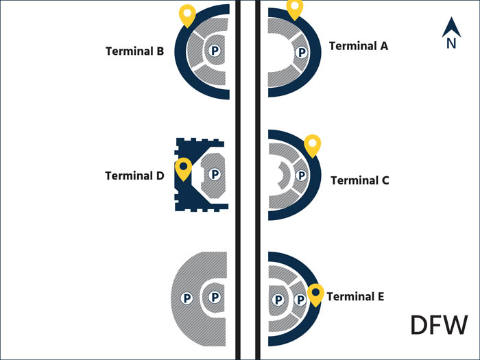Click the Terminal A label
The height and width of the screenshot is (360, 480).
(x=359, y=46)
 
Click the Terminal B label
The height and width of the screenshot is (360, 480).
(x=134, y=51)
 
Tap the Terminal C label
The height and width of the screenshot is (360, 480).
(x=360, y=180)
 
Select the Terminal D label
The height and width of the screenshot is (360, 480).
(x=134, y=176)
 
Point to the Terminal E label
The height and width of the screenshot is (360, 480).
(x=355, y=297)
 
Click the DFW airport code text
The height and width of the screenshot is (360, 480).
(x=439, y=325)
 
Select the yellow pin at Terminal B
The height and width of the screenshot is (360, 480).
(x=187, y=14)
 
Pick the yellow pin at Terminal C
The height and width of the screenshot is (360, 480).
(x=313, y=144)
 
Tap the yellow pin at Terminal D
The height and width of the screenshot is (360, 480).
(x=183, y=167)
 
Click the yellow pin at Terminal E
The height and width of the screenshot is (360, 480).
(x=315, y=293)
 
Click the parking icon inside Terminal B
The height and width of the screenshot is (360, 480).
(x=215, y=50)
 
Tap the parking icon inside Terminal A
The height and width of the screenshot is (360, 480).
(x=300, y=51)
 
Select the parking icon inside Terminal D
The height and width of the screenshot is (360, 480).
(x=215, y=175)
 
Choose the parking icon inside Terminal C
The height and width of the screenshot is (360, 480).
(x=300, y=175)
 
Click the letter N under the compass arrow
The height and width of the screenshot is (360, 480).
(x=451, y=44)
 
